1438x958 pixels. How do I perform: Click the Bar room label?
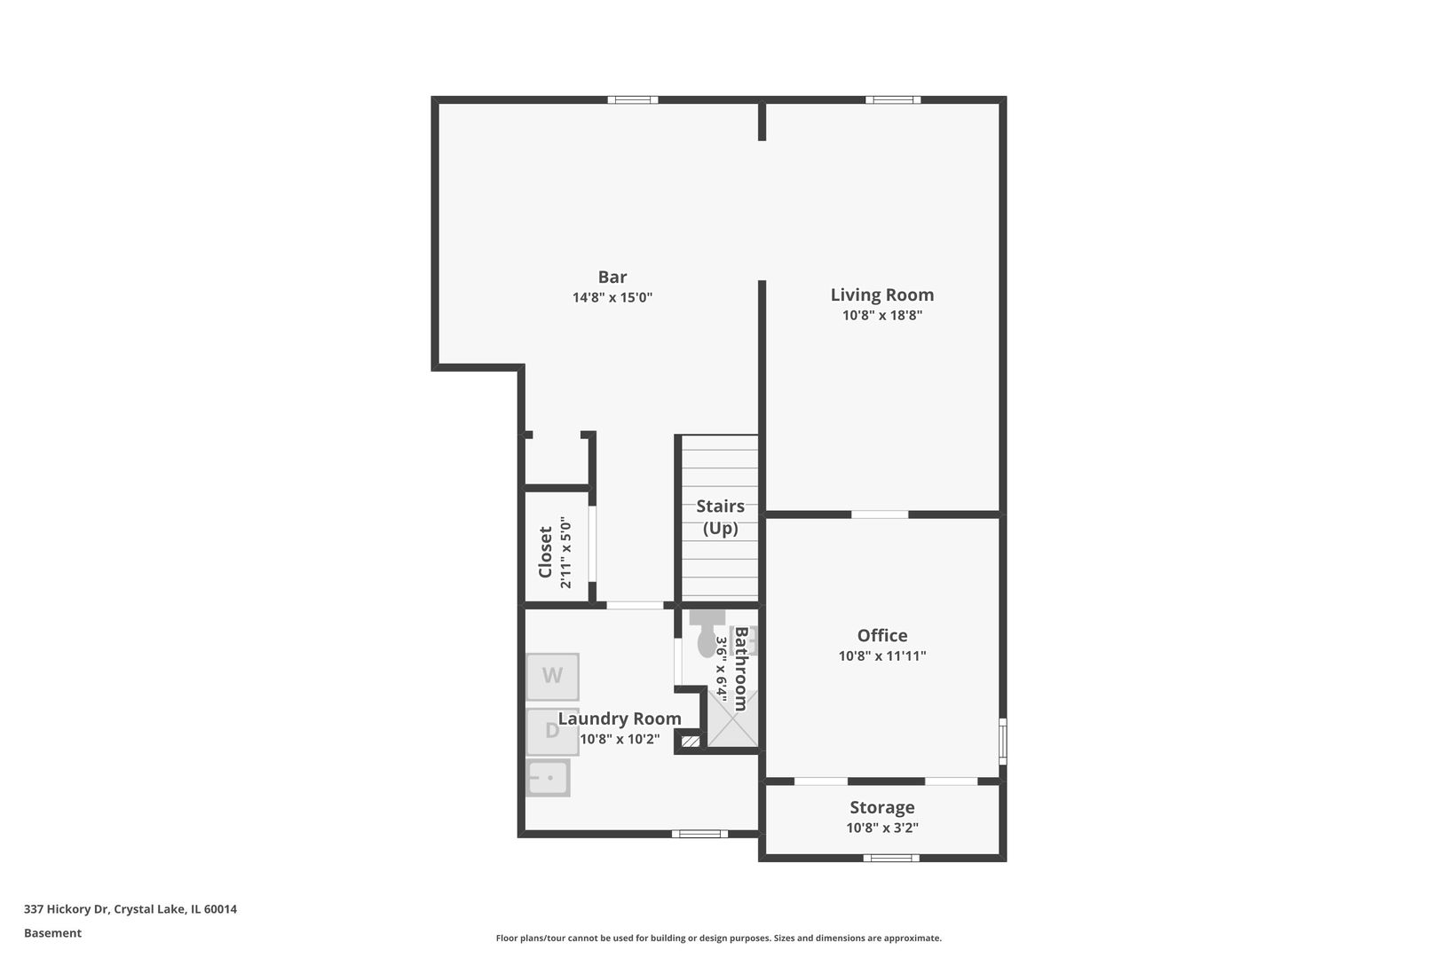click(x=612, y=277)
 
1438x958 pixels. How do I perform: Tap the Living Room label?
click(x=881, y=294)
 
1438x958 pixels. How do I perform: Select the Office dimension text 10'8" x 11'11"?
click(x=881, y=656)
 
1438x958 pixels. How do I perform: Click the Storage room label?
click(x=881, y=807)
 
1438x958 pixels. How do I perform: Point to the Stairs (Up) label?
click(x=720, y=517)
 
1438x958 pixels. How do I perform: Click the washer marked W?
click(x=552, y=676)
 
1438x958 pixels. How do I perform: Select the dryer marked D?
click(x=551, y=731)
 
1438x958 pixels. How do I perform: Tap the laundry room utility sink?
click(x=549, y=778)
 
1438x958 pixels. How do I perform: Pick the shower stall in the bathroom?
click(x=733, y=719)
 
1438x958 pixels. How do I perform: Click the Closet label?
click(x=545, y=552)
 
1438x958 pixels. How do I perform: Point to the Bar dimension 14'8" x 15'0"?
click(x=612, y=298)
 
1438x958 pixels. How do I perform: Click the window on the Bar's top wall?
click(x=633, y=99)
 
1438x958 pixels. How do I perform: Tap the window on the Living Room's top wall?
click(x=893, y=99)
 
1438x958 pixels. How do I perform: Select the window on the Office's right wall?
click(x=1003, y=741)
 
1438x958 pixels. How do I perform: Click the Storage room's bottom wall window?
click(x=891, y=858)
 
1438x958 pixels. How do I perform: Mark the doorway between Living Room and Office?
click(x=880, y=514)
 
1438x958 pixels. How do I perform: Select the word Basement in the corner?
click(x=52, y=933)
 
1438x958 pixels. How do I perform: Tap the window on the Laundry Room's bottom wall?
click(x=699, y=834)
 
